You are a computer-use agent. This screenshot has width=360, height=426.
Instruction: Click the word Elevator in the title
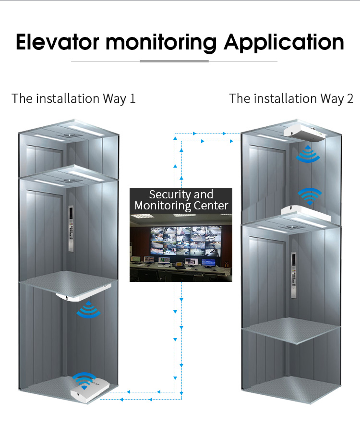click(x=58, y=42)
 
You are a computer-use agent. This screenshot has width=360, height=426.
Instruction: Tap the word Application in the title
click(x=284, y=43)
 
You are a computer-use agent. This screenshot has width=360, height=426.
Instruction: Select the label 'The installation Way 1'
click(x=73, y=98)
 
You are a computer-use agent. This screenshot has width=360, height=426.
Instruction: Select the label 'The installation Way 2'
click(x=291, y=98)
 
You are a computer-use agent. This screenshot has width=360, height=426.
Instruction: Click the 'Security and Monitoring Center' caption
click(x=181, y=200)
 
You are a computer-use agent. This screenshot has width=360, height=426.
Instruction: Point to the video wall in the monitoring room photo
click(x=186, y=241)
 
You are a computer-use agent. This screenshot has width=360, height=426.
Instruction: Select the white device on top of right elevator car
click(x=306, y=214)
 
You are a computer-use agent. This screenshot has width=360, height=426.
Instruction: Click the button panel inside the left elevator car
click(x=71, y=228)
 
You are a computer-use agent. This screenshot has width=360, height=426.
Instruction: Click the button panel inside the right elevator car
click(x=294, y=275)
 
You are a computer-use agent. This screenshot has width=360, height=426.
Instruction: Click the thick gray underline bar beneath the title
click(x=174, y=61)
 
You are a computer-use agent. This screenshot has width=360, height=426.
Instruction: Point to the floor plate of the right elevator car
click(x=291, y=330)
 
